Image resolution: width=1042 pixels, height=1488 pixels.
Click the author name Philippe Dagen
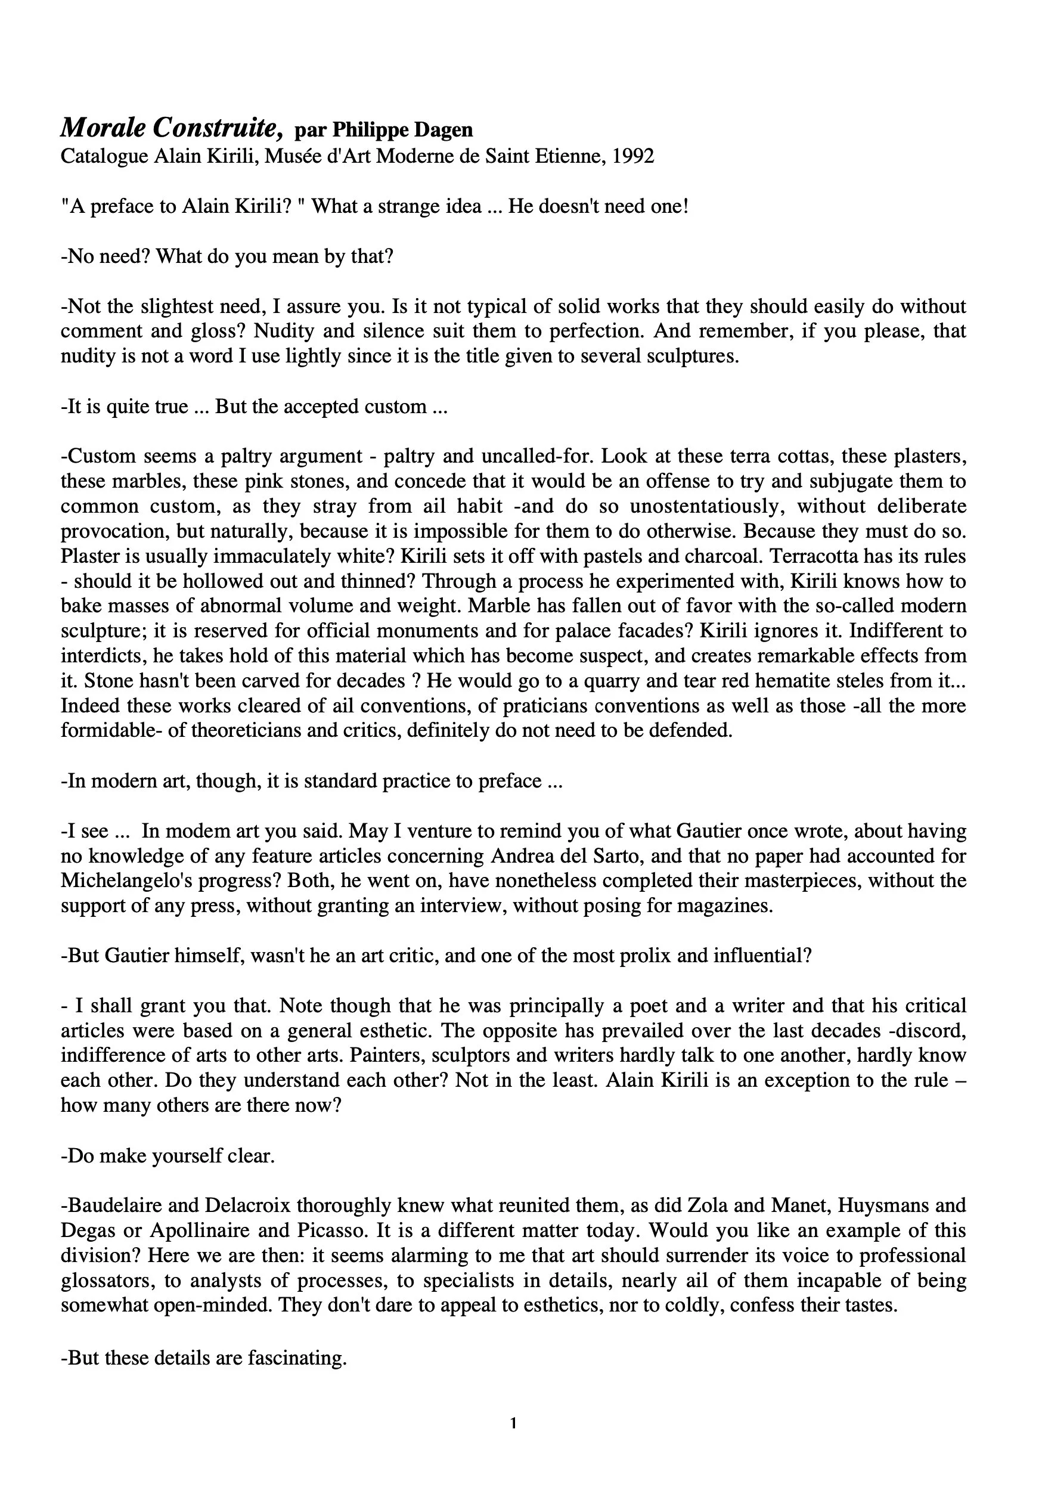pyautogui.click(x=402, y=131)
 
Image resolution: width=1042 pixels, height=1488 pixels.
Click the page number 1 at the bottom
pyautogui.click(x=513, y=1423)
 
